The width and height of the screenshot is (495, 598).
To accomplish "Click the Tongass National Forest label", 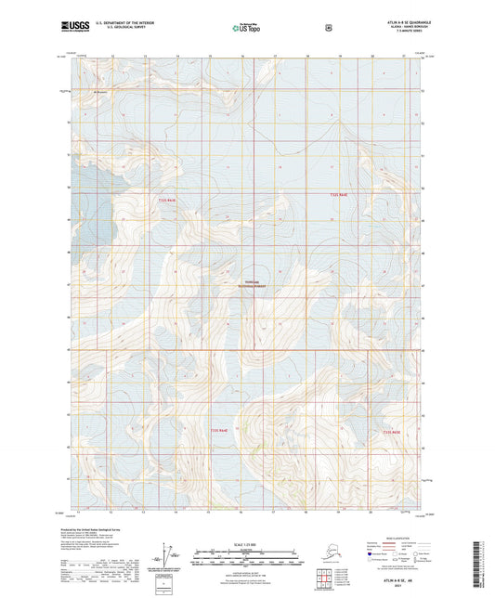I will (x=246, y=286).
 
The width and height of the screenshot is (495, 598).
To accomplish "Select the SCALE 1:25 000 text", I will (x=246, y=544).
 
